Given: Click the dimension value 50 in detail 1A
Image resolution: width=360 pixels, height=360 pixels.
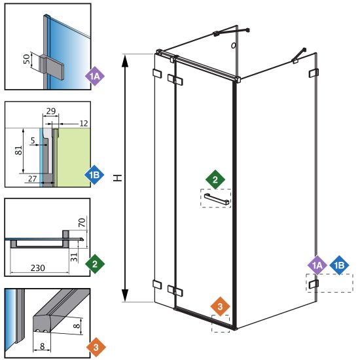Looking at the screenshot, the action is click(x=27, y=59).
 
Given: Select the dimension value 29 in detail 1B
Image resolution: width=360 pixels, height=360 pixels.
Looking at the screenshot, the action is click(x=51, y=111).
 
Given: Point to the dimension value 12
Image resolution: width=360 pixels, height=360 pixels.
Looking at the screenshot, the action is click(x=84, y=124).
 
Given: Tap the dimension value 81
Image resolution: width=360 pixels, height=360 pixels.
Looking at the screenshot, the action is click(x=19, y=150).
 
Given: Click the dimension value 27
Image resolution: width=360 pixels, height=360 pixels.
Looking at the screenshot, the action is click(x=32, y=179).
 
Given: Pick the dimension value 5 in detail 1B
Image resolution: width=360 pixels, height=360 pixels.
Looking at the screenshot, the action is click(x=33, y=140).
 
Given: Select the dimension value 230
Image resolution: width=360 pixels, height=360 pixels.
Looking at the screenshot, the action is click(x=38, y=268).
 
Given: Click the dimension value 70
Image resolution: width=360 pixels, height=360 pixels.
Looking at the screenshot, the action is click(x=82, y=223).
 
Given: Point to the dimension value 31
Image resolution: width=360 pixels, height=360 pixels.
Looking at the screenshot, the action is click(x=74, y=257).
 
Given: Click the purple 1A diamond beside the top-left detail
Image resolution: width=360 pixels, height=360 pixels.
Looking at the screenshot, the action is click(x=95, y=76).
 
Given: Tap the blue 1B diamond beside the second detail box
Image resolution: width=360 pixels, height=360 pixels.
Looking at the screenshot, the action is click(x=94, y=175).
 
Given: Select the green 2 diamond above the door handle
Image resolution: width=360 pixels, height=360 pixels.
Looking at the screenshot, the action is click(x=215, y=179).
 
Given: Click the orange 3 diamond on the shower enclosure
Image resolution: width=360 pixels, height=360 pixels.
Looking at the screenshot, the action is click(x=220, y=306).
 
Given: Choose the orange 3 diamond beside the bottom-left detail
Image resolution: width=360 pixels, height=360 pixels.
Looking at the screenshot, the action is click(x=96, y=347).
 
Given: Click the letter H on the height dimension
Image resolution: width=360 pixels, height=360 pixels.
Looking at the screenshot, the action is click(x=118, y=178).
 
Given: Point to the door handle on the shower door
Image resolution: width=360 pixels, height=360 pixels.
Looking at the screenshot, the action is click(x=217, y=199).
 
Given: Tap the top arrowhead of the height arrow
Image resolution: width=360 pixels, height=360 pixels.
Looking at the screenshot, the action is click(x=124, y=61).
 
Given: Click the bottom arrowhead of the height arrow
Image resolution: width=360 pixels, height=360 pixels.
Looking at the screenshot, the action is click(x=124, y=295).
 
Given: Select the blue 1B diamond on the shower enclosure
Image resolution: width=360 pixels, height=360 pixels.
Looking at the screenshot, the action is click(x=339, y=265).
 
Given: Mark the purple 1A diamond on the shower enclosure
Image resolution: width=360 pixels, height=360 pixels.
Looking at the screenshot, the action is click(x=317, y=265).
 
